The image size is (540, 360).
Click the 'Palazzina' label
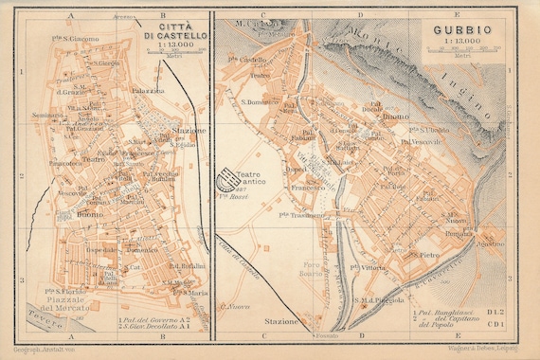[149, 91]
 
